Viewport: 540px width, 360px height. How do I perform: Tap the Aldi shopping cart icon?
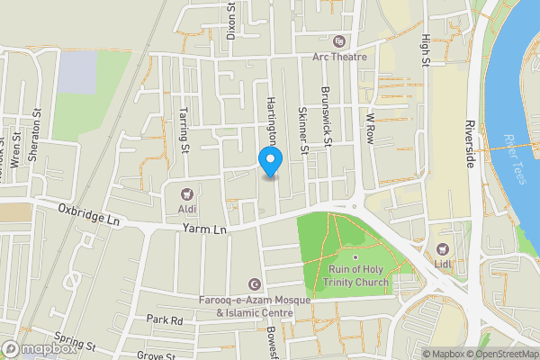click(187, 193)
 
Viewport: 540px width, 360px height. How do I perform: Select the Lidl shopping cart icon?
click(442, 249)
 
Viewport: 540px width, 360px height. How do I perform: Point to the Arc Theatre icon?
click(339, 41)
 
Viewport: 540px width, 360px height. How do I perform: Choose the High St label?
click(426, 51)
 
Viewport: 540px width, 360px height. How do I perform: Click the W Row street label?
click(369, 128)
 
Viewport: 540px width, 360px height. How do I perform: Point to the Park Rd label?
click(165, 319)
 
